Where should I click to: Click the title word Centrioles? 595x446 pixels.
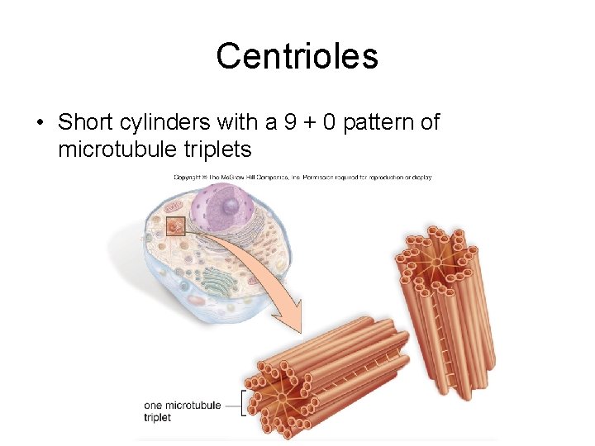(297, 56)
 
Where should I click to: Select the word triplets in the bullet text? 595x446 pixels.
(216, 150)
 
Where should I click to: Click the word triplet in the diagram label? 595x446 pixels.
(156, 418)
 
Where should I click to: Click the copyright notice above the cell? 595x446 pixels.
(302, 177)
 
